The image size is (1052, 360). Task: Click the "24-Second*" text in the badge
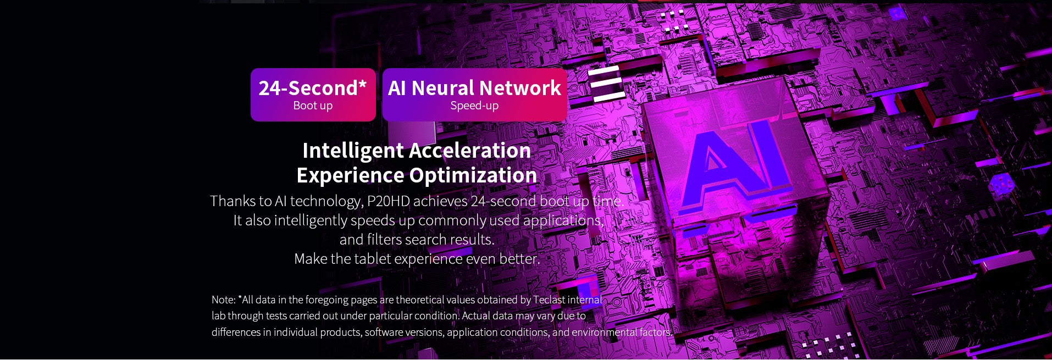[x=313, y=88]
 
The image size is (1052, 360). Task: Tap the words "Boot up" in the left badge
[x=313, y=106]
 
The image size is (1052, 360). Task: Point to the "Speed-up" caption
[x=474, y=106]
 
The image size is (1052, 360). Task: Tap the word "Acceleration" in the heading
[x=470, y=151]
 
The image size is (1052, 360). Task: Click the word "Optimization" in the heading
[x=473, y=176]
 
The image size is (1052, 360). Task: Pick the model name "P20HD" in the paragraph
[x=389, y=201]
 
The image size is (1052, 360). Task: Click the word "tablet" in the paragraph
[x=372, y=259]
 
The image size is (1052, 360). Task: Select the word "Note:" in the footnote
[x=224, y=300]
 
